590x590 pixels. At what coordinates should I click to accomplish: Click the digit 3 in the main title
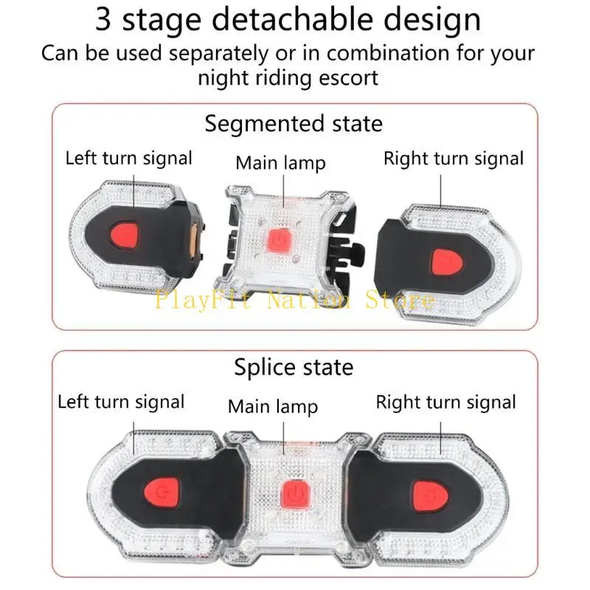tap(103, 19)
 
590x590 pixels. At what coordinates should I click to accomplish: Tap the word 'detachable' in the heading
tap(290, 19)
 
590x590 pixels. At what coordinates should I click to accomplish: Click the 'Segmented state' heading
tap(294, 124)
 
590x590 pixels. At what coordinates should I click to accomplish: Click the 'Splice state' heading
tap(294, 367)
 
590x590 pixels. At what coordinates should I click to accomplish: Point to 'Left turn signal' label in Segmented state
tap(128, 159)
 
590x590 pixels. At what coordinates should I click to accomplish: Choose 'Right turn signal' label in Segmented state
tap(454, 159)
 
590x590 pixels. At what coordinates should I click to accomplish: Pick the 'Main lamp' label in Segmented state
tap(280, 163)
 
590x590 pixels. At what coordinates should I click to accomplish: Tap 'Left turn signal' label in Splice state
tap(121, 402)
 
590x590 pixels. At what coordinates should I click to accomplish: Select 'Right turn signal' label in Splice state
tap(446, 402)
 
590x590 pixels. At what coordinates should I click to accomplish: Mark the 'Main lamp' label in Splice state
tap(273, 407)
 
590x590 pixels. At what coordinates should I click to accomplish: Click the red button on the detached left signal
tap(124, 235)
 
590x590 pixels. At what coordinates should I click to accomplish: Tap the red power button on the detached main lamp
tap(279, 241)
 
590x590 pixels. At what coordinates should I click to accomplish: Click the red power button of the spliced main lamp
tap(296, 493)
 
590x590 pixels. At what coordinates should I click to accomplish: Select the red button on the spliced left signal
tap(162, 493)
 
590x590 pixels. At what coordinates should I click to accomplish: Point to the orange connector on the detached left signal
tap(193, 241)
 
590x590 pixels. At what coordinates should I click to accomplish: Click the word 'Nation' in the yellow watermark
tap(308, 300)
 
